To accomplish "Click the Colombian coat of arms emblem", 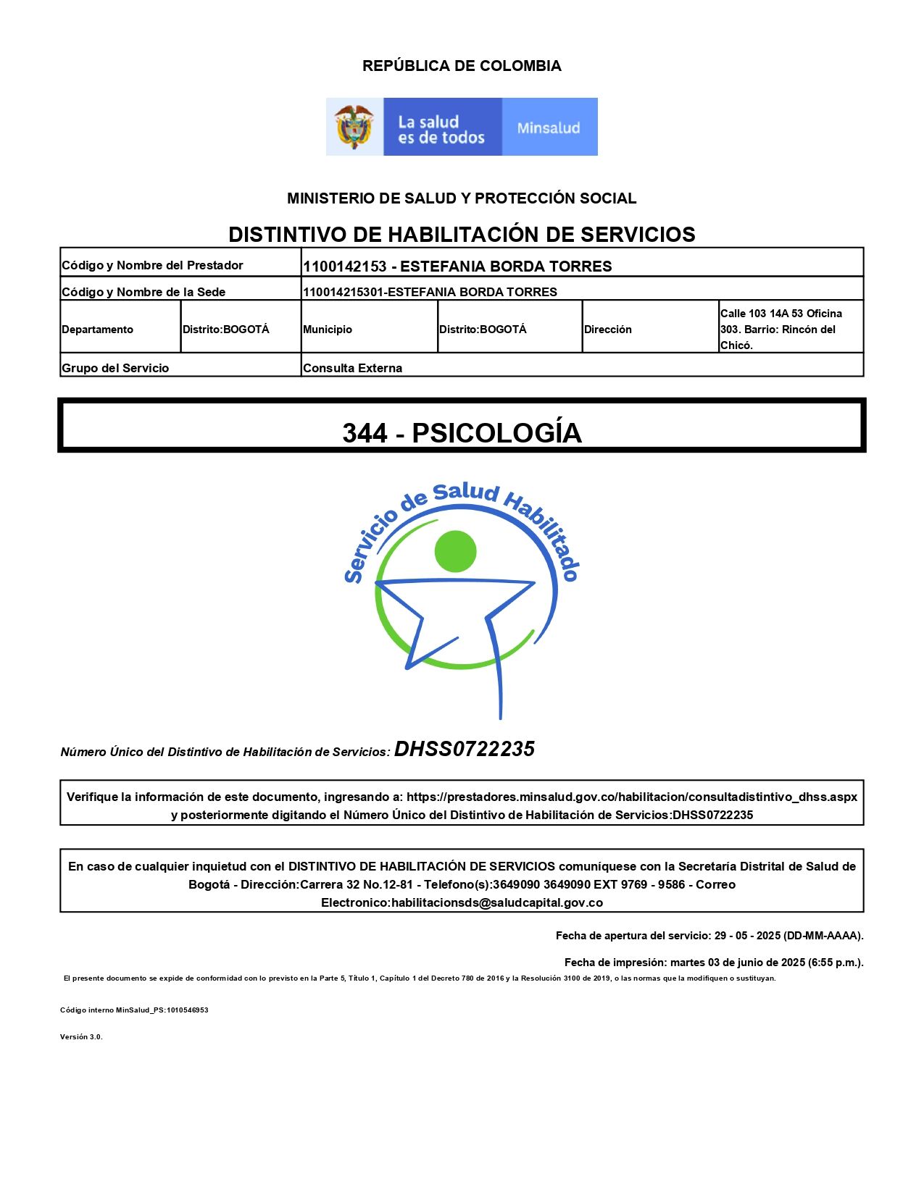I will point(354,127).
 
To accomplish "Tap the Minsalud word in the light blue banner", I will point(549,128).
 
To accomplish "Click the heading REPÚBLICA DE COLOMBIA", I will point(462,66).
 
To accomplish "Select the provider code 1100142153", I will point(345,267).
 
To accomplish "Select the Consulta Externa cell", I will point(353,368).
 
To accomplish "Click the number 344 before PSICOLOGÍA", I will point(365,433).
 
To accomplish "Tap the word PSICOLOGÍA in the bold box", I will point(497,433).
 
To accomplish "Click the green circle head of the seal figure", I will point(455,551).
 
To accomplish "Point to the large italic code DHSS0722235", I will point(465,749).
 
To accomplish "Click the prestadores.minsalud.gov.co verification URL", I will point(631,797).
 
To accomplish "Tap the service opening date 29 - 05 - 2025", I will point(747,936).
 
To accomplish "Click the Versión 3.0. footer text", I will point(81,1036).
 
